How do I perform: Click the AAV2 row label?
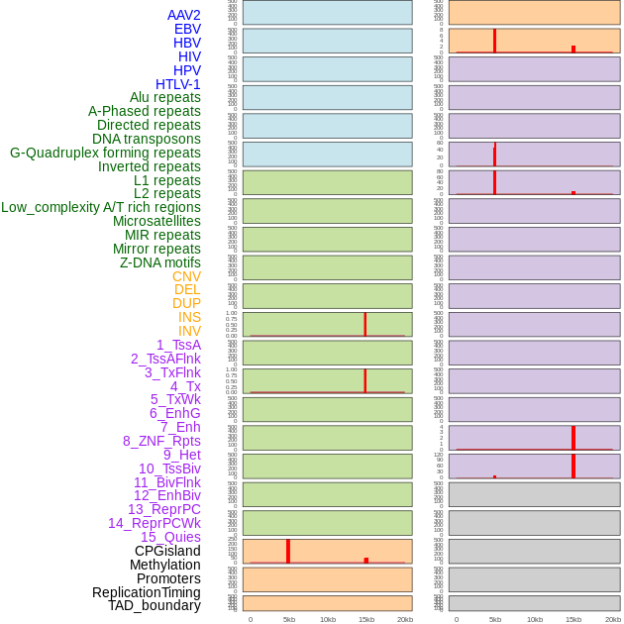[x=183, y=15]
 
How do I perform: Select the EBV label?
[x=187, y=29]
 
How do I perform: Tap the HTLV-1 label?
[x=177, y=84]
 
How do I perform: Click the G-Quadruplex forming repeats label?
[x=105, y=153]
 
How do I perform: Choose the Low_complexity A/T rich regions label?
[x=100, y=207]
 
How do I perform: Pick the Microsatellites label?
[x=156, y=221]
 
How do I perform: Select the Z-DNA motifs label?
[x=159, y=262]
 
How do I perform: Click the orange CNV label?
[x=186, y=276]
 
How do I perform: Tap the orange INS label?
[x=189, y=317]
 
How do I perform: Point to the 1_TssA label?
[x=178, y=345]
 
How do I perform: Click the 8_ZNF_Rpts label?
[x=161, y=441]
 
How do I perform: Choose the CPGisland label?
[x=167, y=551]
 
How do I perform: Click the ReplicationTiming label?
[x=146, y=592]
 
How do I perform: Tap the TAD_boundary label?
[x=154, y=605]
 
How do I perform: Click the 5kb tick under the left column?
[x=289, y=619]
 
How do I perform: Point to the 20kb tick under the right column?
[x=612, y=619]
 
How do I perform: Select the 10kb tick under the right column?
[x=534, y=619]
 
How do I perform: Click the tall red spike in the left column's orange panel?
[x=288, y=551]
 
